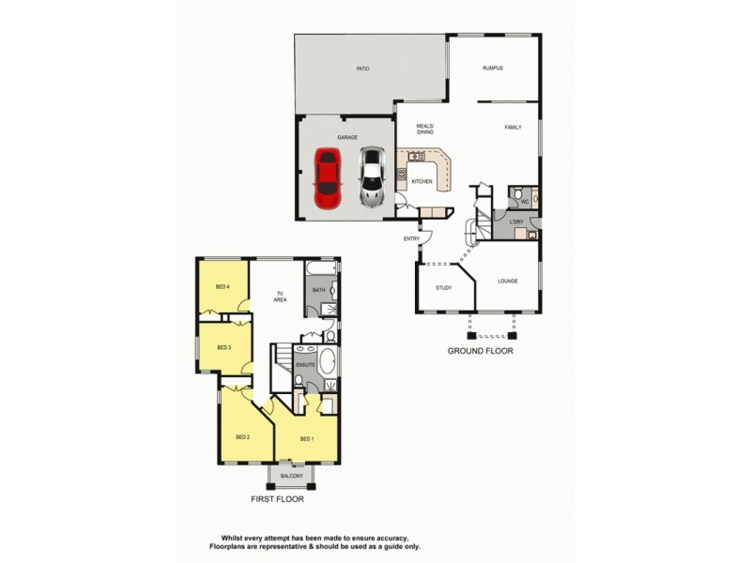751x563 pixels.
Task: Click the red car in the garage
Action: pyautogui.click(x=327, y=178)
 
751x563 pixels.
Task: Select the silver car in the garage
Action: pyautogui.click(x=373, y=178)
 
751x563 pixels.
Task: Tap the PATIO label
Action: pyautogui.click(x=362, y=69)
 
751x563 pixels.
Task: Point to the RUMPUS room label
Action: pyautogui.click(x=493, y=68)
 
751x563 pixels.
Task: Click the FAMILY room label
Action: pyautogui.click(x=513, y=128)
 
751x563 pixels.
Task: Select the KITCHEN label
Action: pyautogui.click(x=421, y=181)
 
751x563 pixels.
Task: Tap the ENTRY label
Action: pyautogui.click(x=412, y=238)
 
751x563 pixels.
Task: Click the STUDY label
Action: pyautogui.click(x=444, y=288)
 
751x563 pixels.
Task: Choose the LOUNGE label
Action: pyautogui.click(x=508, y=281)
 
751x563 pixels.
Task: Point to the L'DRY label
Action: pyautogui.click(x=516, y=221)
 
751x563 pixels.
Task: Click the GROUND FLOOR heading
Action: pyautogui.click(x=480, y=351)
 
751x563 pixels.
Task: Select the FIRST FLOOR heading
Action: pyautogui.click(x=277, y=500)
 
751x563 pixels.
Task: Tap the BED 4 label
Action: pyautogui.click(x=222, y=286)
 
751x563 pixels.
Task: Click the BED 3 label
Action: pyautogui.click(x=224, y=347)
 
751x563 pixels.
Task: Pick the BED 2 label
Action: pyautogui.click(x=242, y=436)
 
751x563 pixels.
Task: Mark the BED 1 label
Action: pyautogui.click(x=307, y=438)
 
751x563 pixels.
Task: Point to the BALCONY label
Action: pyautogui.click(x=291, y=476)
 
